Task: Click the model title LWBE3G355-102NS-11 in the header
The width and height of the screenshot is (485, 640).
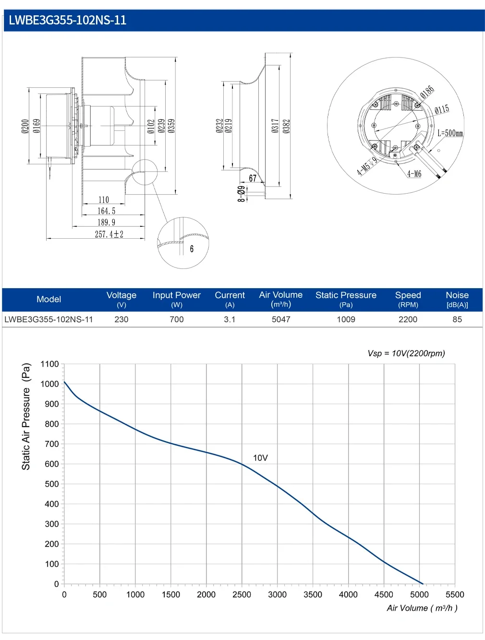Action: pos(68,20)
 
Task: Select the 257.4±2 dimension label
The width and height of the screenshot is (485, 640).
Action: pos(109,234)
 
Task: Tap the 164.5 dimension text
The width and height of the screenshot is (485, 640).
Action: pos(106,211)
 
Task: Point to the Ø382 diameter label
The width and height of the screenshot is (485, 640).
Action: pos(286,126)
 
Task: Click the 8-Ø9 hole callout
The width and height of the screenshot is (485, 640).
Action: pos(241,194)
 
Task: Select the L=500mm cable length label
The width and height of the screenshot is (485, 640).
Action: pos(450,133)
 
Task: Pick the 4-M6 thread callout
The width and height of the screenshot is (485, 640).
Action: pos(414,174)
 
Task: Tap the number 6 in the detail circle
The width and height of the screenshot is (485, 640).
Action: pos(192,249)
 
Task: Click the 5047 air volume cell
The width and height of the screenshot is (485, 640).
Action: pos(281,319)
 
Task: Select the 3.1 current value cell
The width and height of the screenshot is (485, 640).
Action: pos(230,319)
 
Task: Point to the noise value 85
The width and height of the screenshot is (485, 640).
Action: pos(457,319)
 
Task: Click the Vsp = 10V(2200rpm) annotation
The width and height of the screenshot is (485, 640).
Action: pos(406,353)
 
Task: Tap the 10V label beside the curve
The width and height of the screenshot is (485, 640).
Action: pos(260,458)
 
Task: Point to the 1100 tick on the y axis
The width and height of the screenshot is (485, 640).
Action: pos(50,364)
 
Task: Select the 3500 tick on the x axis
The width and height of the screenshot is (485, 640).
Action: pos(313,594)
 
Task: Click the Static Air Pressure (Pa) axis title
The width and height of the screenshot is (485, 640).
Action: pos(26,416)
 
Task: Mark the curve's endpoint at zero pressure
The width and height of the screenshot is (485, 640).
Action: pos(423,583)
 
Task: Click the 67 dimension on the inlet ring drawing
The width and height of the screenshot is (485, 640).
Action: pos(253,178)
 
